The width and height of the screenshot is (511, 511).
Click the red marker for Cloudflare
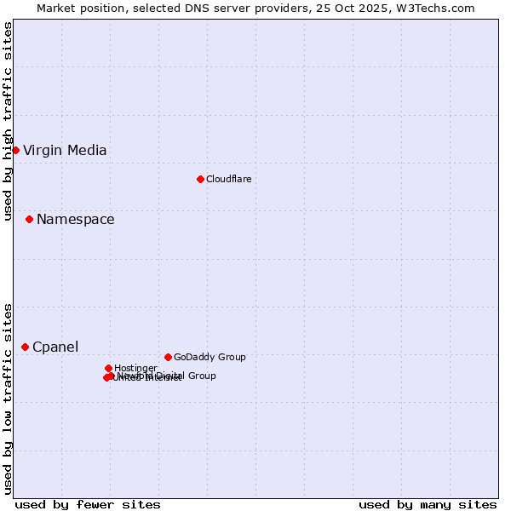pyautogui.click(x=200, y=179)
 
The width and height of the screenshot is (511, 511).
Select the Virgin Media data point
pyautogui.click(x=15, y=151)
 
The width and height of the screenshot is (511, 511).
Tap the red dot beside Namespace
pyautogui.click(x=29, y=220)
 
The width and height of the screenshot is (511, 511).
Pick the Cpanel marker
pyautogui.click(x=25, y=347)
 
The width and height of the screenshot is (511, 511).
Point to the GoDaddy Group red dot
pyautogui.click(x=168, y=357)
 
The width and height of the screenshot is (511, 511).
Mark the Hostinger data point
pyautogui.click(x=108, y=368)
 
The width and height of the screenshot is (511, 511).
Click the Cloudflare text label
pyautogui.click(x=228, y=179)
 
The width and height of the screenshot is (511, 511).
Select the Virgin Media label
pyautogui.click(x=65, y=151)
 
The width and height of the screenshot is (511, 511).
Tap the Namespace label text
pyautogui.click(x=75, y=220)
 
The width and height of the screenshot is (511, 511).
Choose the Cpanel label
pyautogui.click(x=55, y=347)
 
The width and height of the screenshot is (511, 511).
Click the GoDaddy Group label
pyautogui.click(x=210, y=357)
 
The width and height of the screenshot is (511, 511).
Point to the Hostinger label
pyautogui.click(x=135, y=368)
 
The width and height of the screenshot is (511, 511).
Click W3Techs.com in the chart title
pyautogui.click(x=439, y=8)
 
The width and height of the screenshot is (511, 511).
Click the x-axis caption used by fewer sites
pyautogui.click(x=88, y=504)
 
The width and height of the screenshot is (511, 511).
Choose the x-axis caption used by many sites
pyautogui.click(x=428, y=504)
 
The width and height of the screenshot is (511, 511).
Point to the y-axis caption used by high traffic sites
pyautogui.click(x=8, y=121)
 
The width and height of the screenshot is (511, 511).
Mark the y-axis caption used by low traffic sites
pyautogui.click(x=8, y=398)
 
